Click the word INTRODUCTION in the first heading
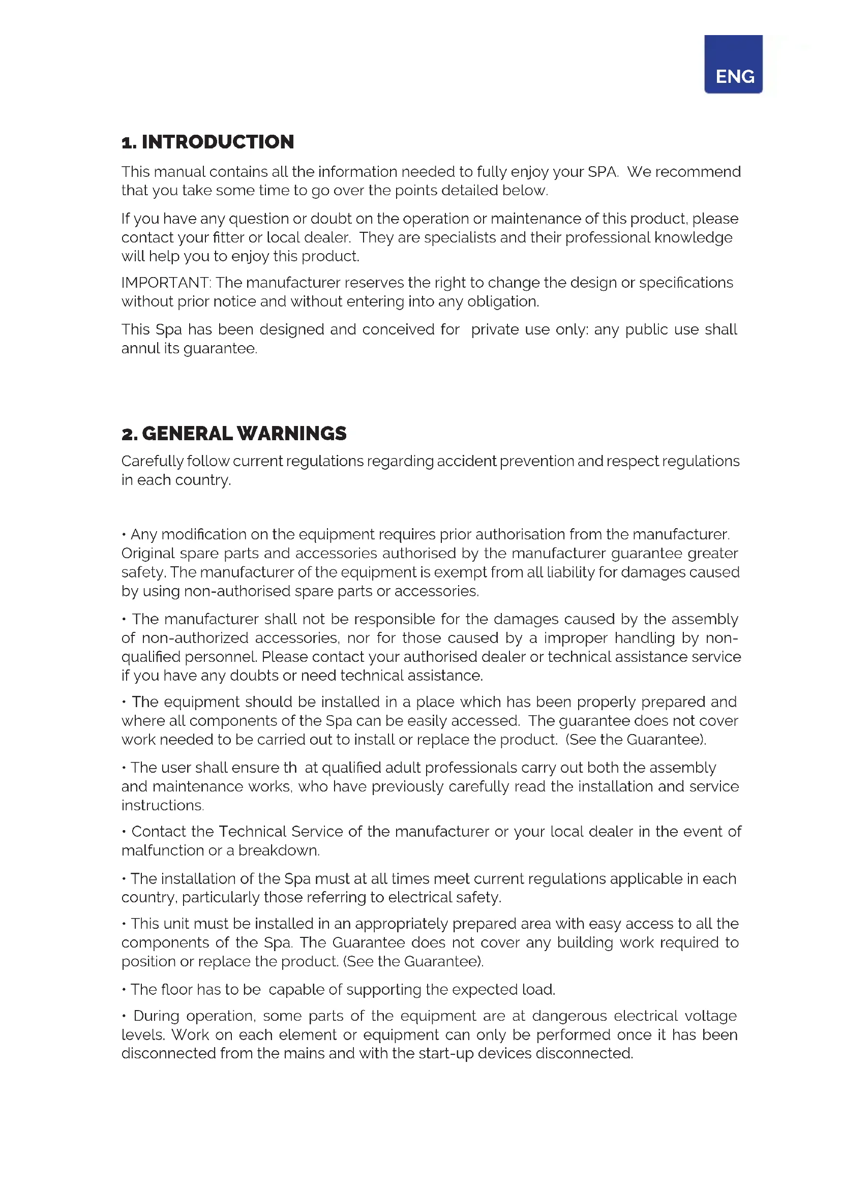click(x=218, y=142)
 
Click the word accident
click(x=467, y=462)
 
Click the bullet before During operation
click(x=124, y=1016)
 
